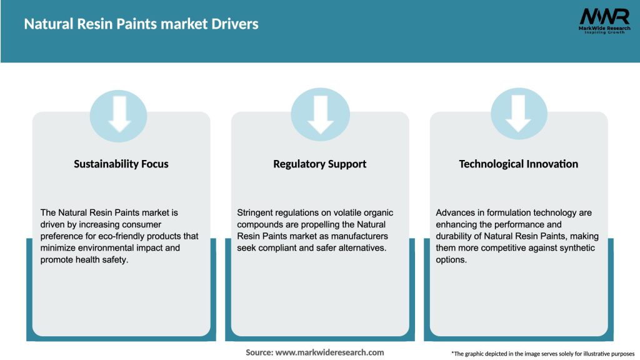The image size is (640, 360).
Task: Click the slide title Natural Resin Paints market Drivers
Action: [x=141, y=24]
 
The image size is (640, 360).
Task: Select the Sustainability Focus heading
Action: [x=121, y=164]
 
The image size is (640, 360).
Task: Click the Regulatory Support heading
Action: [x=320, y=164]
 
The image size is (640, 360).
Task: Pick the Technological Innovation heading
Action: [x=519, y=164]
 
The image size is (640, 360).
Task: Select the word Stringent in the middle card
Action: [x=256, y=213]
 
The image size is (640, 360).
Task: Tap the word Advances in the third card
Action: [x=454, y=213]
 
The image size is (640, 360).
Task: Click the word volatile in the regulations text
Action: [x=347, y=213]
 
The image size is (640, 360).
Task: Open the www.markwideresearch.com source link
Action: [x=329, y=352]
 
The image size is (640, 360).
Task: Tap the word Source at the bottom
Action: [x=259, y=352]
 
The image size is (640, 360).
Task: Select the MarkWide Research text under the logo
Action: [x=595, y=28]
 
